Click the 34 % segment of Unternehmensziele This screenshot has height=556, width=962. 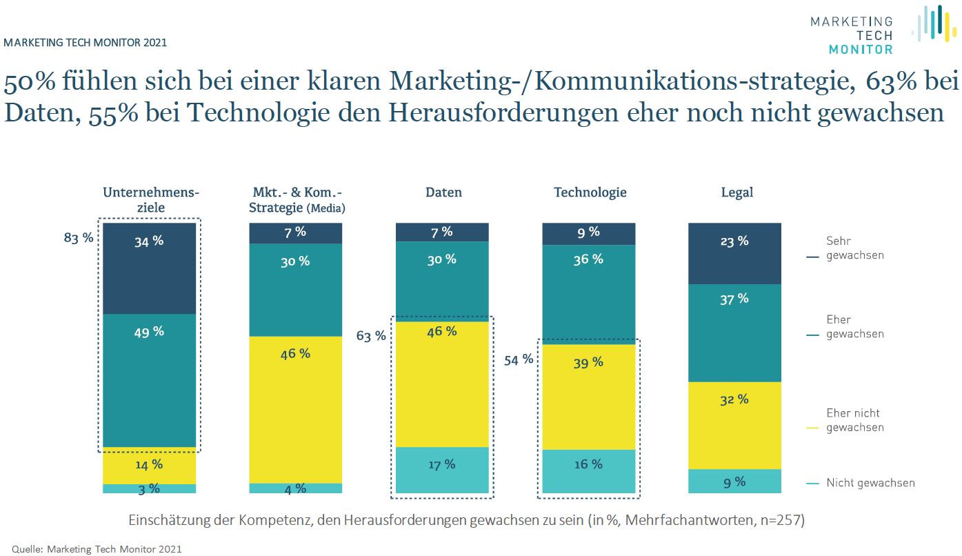point(149,268)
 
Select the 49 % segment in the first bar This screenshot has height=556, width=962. point(149,380)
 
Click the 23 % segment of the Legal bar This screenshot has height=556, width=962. point(734,253)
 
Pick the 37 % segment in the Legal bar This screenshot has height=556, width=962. point(734,332)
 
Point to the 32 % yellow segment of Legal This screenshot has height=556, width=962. point(734,425)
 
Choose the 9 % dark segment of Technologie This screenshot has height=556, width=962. point(588,233)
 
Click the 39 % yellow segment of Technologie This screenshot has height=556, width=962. point(588,397)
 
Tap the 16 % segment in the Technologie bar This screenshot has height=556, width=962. point(588,471)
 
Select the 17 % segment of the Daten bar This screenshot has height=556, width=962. point(442,470)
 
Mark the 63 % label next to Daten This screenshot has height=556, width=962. point(371,336)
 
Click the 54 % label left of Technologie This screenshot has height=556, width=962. point(519,359)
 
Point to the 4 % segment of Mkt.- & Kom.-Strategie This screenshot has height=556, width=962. point(295,488)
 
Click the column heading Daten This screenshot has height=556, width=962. point(443,192)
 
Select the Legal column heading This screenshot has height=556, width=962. point(736,192)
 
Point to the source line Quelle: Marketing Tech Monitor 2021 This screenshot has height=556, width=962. point(97,549)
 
